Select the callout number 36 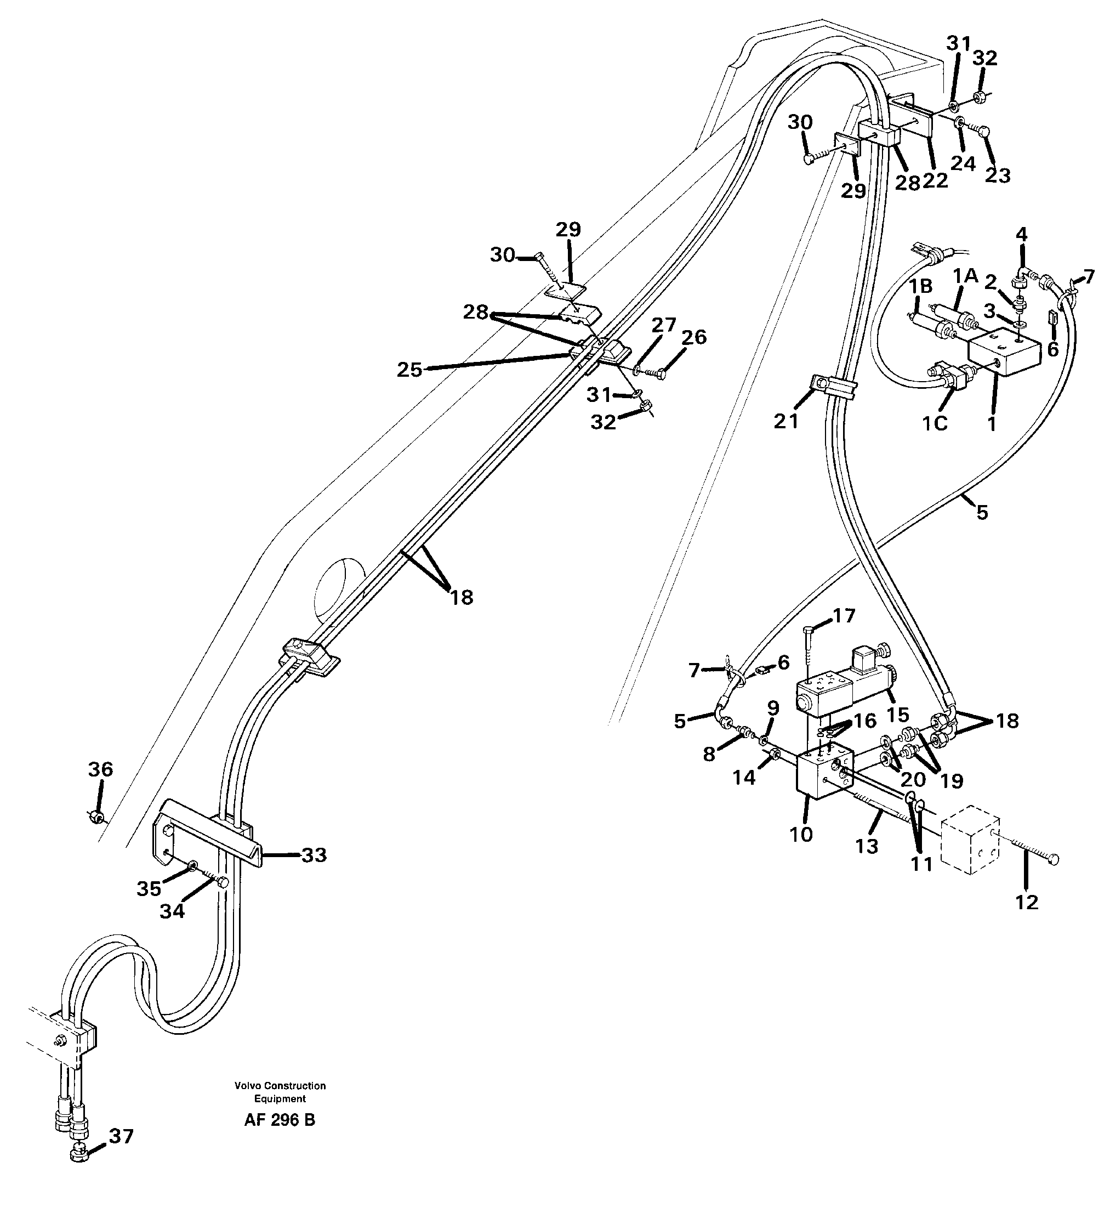(101, 769)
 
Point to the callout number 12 (1027, 902)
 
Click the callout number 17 (844, 616)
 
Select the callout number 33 (314, 855)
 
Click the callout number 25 (410, 370)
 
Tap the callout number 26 (694, 337)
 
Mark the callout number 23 (998, 175)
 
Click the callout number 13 (867, 846)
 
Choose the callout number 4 (1022, 234)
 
